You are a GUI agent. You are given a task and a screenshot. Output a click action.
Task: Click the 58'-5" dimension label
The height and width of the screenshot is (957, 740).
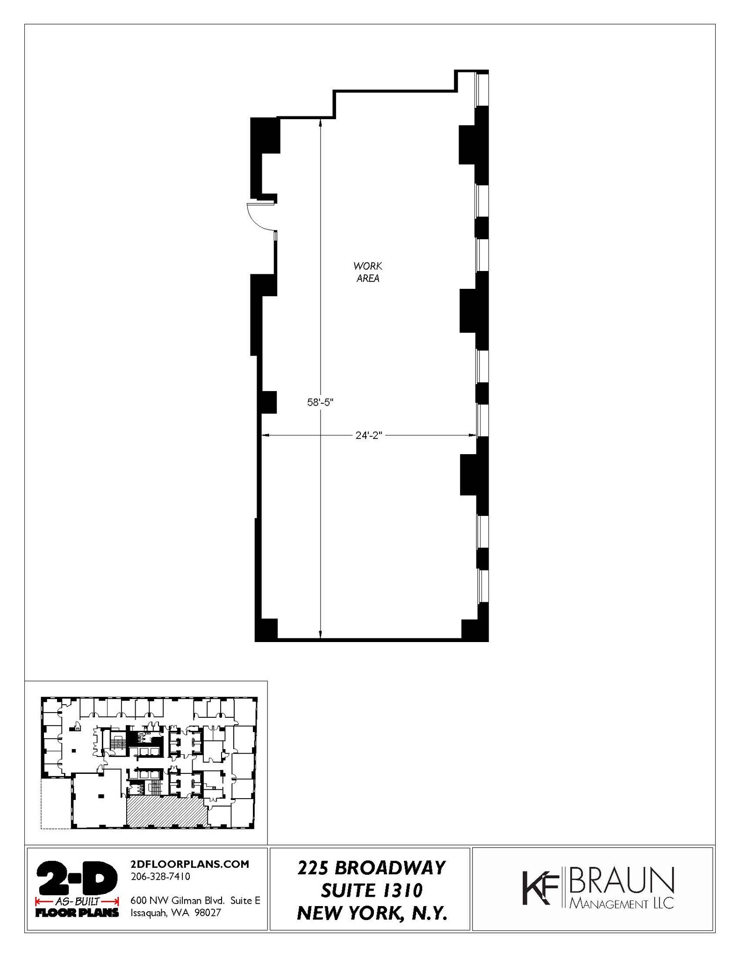(x=320, y=402)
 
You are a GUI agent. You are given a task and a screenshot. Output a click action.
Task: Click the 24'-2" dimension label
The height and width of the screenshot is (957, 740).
(x=369, y=436)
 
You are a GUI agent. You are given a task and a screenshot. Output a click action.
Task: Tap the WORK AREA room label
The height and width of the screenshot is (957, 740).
(x=368, y=272)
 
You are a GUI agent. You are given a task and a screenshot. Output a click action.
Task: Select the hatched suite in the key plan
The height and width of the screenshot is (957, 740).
(x=167, y=813)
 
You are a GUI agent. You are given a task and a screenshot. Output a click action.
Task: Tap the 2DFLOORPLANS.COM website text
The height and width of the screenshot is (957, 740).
(x=190, y=864)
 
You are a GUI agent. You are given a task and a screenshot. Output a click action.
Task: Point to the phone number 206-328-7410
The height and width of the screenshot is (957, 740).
(x=160, y=877)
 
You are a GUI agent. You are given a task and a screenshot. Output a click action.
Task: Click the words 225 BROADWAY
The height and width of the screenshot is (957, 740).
(x=372, y=868)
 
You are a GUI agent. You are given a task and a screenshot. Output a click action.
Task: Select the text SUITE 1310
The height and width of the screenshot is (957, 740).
(x=372, y=891)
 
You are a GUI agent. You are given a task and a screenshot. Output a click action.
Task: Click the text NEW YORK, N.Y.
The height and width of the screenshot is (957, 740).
(x=373, y=913)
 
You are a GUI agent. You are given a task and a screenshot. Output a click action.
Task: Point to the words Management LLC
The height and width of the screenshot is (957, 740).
(x=622, y=904)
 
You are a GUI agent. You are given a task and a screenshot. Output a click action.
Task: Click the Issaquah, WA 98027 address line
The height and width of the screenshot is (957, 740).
(x=176, y=913)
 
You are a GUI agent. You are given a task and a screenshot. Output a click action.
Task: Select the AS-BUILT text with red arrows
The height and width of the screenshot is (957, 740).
(x=77, y=901)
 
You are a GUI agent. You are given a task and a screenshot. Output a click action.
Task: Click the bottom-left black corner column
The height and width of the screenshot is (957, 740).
(x=266, y=629)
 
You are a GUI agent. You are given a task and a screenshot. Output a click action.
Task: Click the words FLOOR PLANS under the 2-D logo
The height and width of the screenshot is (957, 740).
(x=77, y=912)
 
